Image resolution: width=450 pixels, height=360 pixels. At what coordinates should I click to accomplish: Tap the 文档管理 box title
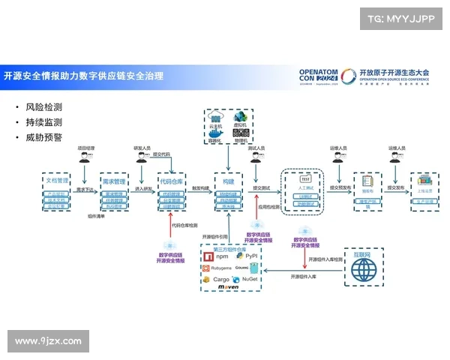pyautogui.click(x=57, y=181)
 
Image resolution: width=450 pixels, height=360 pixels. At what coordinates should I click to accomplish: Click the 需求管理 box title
pyautogui.click(x=114, y=181)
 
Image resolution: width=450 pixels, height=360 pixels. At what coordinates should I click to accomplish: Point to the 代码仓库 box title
pyautogui.click(x=172, y=181)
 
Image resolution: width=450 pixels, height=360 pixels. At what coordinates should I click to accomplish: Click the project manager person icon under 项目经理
pyautogui.click(x=86, y=158)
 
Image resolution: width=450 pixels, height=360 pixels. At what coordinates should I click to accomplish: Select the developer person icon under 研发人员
pyautogui.click(x=141, y=158)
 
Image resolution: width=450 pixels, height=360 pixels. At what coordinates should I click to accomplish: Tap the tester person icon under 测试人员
pyautogui.click(x=256, y=158)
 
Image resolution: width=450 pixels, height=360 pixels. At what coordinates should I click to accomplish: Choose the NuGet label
pyautogui.click(x=250, y=279)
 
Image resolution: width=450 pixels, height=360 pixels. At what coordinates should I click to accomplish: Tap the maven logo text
pyautogui.click(x=228, y=287)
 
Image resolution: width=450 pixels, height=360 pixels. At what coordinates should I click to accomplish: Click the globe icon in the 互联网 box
pyautogui.click(x=364, y=271)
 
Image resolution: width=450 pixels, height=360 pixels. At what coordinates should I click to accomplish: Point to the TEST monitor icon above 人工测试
pyautogui.click(x=305, y=180)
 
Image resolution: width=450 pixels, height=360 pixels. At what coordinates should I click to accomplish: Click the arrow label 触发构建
pyautogui.click(x=200, y=188)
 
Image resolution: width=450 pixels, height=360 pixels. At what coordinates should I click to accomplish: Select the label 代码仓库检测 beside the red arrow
pyautogui.click(x=184, y=224)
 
